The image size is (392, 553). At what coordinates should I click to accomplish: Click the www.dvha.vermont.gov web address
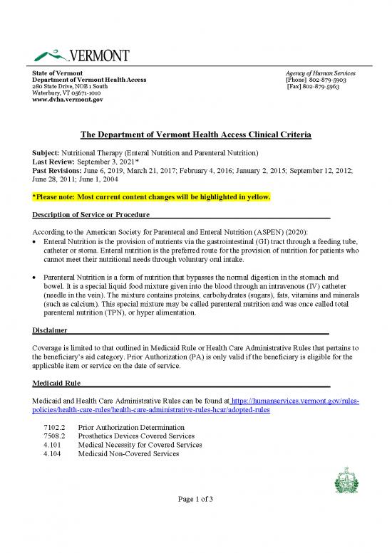click(68, 100)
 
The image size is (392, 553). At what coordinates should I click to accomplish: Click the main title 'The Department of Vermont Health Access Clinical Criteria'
click(195, 135)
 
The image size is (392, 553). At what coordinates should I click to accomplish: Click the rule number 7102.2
click(54, 427)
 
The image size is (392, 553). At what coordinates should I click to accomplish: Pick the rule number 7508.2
click(54, 436)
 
